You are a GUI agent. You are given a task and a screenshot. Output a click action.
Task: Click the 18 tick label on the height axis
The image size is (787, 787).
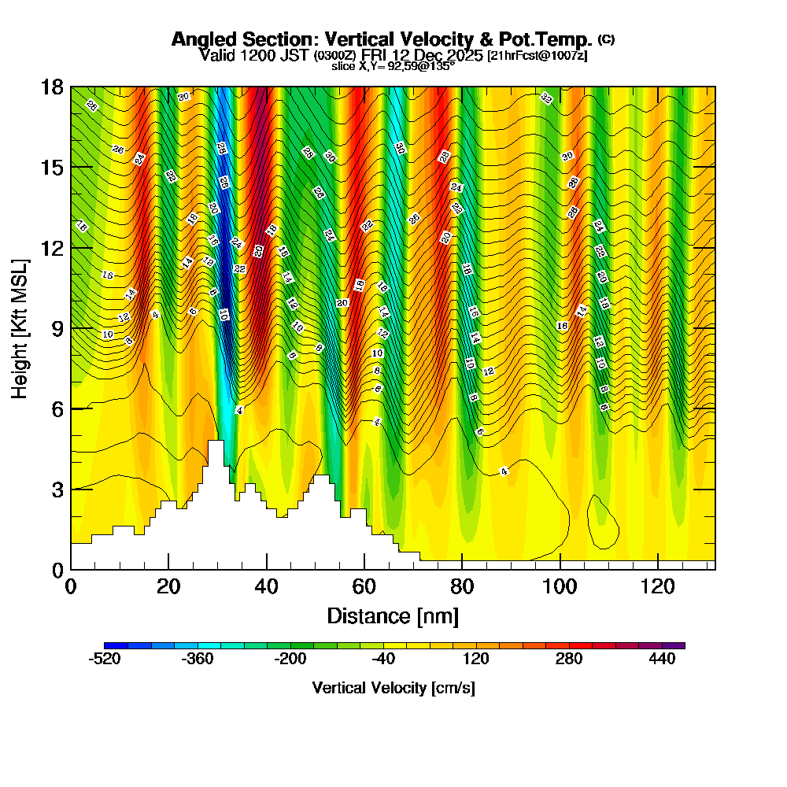52,87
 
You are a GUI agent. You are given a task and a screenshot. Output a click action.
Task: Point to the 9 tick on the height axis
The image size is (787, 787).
71,328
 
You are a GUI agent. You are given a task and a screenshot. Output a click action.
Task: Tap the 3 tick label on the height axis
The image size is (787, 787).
57,490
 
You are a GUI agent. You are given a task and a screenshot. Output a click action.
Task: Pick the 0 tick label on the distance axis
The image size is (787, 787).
71,586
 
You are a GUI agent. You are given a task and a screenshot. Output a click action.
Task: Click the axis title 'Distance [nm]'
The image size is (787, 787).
393,615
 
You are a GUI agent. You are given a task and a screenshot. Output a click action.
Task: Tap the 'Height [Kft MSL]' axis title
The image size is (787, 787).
20,327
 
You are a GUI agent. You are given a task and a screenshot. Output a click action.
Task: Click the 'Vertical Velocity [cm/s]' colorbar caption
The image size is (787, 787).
393,688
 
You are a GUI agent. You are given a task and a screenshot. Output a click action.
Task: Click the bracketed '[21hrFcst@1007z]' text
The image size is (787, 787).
538,56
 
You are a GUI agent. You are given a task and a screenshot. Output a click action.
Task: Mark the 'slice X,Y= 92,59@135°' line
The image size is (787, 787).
393,66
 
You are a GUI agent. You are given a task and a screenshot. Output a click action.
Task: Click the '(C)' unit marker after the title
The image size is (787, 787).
606,39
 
